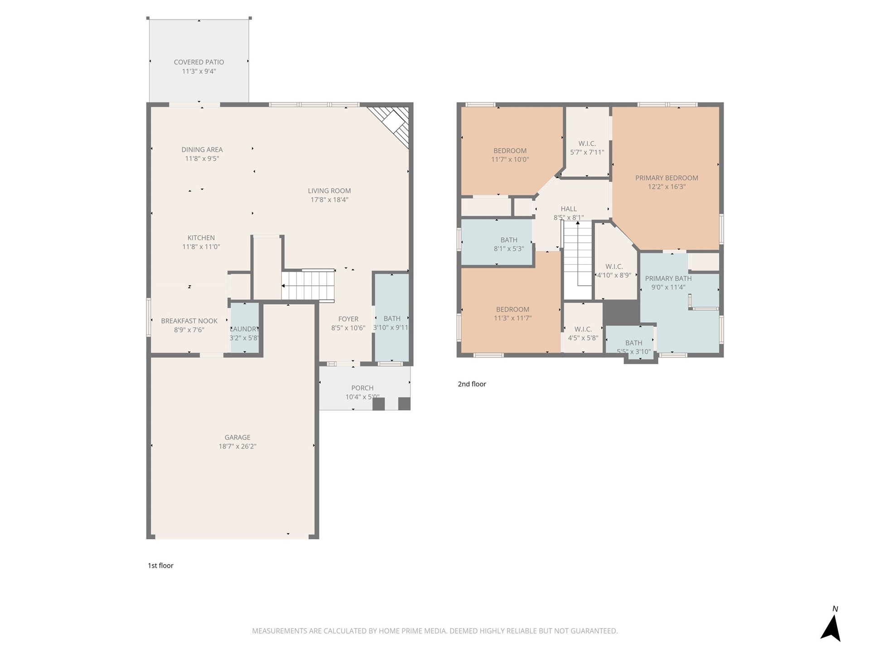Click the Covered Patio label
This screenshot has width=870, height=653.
(x=199, y=62)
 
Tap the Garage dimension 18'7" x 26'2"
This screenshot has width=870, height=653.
(x=237, y=446)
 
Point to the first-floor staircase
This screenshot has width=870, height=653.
(x=308, y=286)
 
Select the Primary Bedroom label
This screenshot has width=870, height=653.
(x=666, y=178)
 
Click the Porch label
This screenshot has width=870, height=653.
(x=362, y=388)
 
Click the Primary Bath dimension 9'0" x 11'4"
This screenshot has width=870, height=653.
(x=668, y=287)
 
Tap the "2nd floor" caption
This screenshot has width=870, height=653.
(x=472, y=384)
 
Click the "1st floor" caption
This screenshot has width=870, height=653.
(x=160, y=565)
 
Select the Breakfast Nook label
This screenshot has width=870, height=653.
(x=189, y=321)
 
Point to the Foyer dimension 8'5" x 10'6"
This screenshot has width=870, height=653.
(x=348, y=328)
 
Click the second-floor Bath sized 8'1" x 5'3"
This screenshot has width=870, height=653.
(x=508, y=244)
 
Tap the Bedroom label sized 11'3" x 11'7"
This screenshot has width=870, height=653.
(x=512, y=309)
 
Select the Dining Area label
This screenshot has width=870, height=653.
(x=202, y=150)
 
